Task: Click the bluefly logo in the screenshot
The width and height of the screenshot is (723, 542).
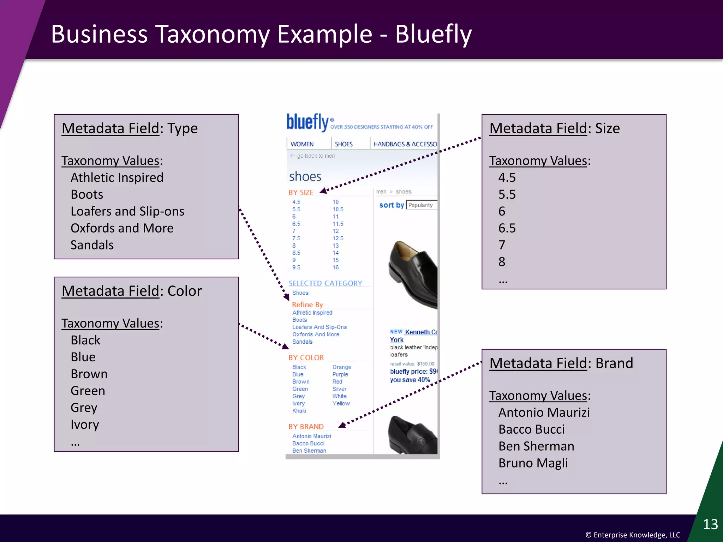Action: [x=308, y=122]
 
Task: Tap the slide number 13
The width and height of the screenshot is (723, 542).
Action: [x=710, y=524]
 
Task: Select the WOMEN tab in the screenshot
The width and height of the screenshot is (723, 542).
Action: [x=302, y=144]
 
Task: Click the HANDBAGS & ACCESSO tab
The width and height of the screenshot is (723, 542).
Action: [x=405, y=144]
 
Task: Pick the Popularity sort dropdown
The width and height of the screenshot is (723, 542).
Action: [x=422, y=205]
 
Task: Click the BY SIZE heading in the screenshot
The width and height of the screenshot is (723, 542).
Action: [x=301, y=192]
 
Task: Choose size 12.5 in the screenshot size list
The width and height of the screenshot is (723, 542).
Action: [x=338, y=238]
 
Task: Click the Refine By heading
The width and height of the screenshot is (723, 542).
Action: [x=307, y=305]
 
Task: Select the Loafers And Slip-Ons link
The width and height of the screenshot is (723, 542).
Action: [x=319, y=327]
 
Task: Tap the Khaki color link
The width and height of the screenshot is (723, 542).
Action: [x=299, y=411]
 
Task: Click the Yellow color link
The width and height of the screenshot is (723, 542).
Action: [x=341, y=403]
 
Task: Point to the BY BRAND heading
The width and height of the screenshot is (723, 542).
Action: [x=306, y=427]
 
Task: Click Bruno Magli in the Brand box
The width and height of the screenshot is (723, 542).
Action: [x=533, y=463]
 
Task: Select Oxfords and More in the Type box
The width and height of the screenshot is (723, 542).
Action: [x=122, y=228]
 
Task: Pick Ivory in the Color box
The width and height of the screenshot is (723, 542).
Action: [x=85, y=424]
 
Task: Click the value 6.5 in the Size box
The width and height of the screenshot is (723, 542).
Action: [x=507, y=228]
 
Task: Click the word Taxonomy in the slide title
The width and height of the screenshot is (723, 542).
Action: [x=212, y=34]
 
